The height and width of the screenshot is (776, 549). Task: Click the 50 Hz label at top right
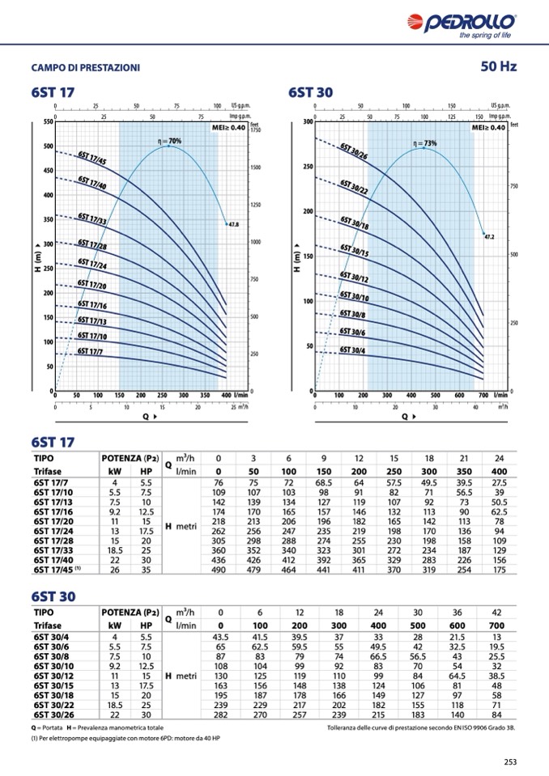click(498, 66)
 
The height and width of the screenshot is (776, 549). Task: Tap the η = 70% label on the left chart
click(169, 142)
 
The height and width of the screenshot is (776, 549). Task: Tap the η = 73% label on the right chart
click(425, 143)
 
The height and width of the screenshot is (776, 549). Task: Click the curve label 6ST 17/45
click(92, 159)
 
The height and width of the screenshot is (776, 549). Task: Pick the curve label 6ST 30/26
click(355, 152)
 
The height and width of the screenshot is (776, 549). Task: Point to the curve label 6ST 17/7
click(90, 351)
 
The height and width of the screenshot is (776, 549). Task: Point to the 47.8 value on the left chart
click(233, 223)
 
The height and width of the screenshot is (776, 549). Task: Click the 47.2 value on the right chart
click(489, 237)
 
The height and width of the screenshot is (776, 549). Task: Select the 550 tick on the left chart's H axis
click(47, 122)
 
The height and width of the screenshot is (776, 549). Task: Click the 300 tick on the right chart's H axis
click(308, 122)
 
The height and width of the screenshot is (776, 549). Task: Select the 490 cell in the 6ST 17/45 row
click(218, 570)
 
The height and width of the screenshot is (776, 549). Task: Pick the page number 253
click(509, 761)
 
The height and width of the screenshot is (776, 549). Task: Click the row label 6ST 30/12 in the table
click(54, 676)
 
